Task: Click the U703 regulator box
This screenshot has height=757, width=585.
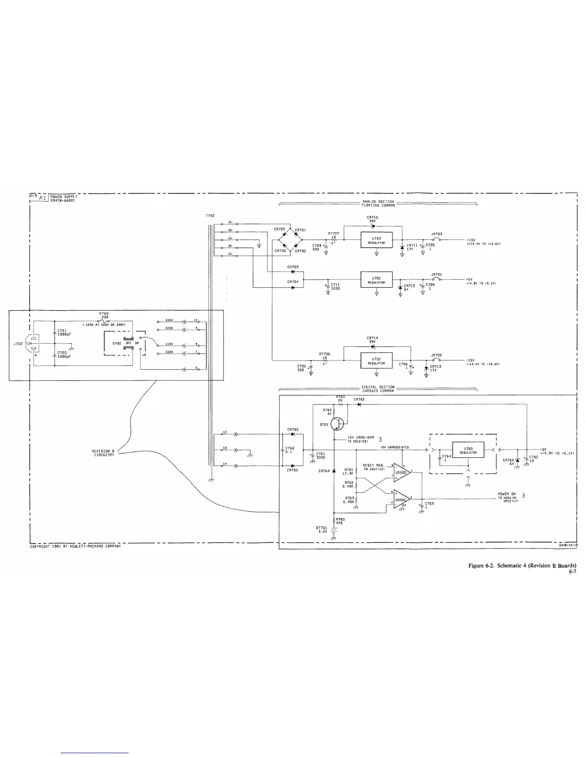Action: point(376,240)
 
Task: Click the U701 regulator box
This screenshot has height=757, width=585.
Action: point(376,280)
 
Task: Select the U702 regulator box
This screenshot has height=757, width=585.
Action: point(376,360)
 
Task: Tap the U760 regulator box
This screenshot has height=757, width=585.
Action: point(468,450)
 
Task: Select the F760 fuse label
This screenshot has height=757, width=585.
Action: point(104,314)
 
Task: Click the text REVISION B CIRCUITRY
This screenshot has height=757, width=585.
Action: point(103,453)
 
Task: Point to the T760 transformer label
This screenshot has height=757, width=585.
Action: point(210,216)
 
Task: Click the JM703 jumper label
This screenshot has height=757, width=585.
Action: point(436,234)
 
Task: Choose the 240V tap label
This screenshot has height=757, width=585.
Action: point(168,320)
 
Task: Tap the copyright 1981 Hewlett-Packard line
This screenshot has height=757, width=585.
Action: point(76,546)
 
